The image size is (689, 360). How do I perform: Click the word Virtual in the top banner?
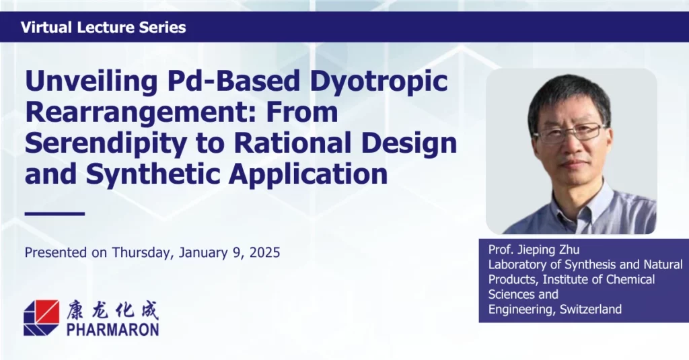[46, 28]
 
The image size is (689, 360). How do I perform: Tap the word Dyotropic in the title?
[379, 82]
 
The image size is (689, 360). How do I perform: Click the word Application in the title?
[307, 174]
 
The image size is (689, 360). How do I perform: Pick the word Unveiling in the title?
[91, 82]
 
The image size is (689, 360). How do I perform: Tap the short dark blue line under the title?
[55, 214]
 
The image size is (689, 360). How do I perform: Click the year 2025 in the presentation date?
[264, 252]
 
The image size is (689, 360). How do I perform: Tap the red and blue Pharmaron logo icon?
[41, 318]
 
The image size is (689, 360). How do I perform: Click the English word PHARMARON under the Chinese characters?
[113, 329]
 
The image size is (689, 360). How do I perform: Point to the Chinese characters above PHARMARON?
[113, 310]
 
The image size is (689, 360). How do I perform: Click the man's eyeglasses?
[570, 133]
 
